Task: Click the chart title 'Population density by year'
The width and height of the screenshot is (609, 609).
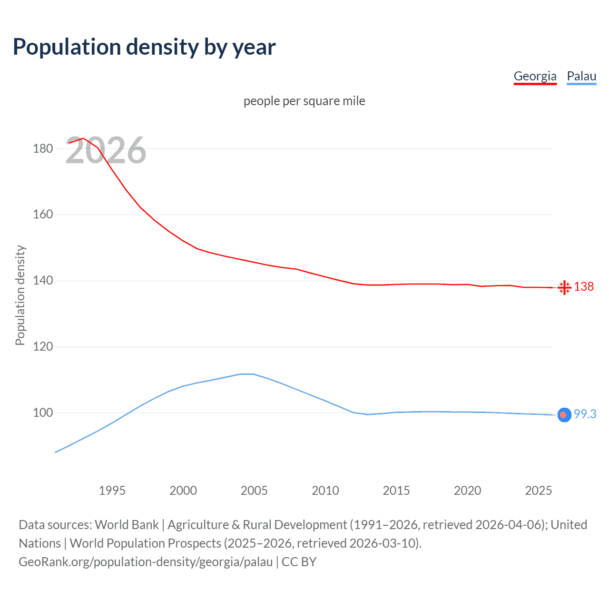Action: [144, 47]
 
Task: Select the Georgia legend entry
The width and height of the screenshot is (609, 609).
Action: [535, 76]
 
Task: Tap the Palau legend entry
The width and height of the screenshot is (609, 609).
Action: [581, 76]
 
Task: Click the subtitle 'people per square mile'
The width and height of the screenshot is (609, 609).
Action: [304, 101]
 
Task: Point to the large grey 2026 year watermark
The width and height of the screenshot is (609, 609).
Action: [106, 150]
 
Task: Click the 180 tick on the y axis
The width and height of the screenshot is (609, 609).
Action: [43, 148]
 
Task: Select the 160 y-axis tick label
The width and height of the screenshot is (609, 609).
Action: [43, 215]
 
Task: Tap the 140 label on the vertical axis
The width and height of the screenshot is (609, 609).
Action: [43, 281]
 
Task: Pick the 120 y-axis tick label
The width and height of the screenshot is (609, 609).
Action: [43, 347]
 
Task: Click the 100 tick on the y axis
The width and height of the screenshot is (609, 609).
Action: [43, 413]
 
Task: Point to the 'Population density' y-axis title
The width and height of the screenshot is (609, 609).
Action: [20, 295]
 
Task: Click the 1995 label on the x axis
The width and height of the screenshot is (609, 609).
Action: [112, 491]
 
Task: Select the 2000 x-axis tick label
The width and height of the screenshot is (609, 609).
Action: [183, 491]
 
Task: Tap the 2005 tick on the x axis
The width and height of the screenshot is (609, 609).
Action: [254, 491]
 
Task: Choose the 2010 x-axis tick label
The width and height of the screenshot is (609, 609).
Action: [325, 491]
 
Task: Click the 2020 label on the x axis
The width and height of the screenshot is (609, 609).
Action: [467, 491]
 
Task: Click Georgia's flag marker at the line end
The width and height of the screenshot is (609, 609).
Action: [564, 287]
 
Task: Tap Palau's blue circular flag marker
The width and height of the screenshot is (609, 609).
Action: [564, 415]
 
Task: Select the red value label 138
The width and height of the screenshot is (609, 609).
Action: [584, 286]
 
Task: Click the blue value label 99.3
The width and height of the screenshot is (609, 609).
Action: [585, 414]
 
